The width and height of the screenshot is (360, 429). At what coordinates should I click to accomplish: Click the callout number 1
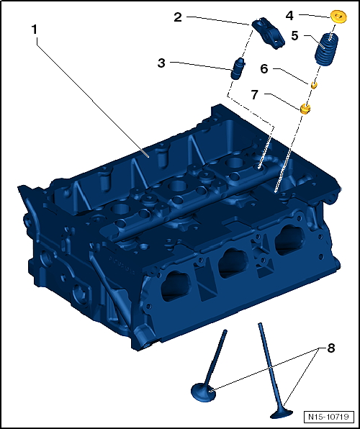click(35, 30)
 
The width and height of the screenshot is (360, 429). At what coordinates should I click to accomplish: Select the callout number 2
click(177, 18)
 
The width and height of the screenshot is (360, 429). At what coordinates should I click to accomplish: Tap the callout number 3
click(162, 63)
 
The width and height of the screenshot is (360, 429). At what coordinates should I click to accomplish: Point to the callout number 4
click(289, 14)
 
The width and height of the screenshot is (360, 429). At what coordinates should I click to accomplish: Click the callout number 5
click(295, 35)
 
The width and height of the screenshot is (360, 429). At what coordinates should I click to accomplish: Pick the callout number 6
click(264, 69)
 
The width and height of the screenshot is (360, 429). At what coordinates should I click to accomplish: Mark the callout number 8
click(331, 348)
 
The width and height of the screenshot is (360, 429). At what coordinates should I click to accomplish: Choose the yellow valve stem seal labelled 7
click(305, 108)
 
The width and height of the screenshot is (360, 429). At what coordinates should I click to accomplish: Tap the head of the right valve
click(281, 412)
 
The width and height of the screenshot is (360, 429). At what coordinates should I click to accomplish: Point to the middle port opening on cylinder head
click(232, 263)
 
